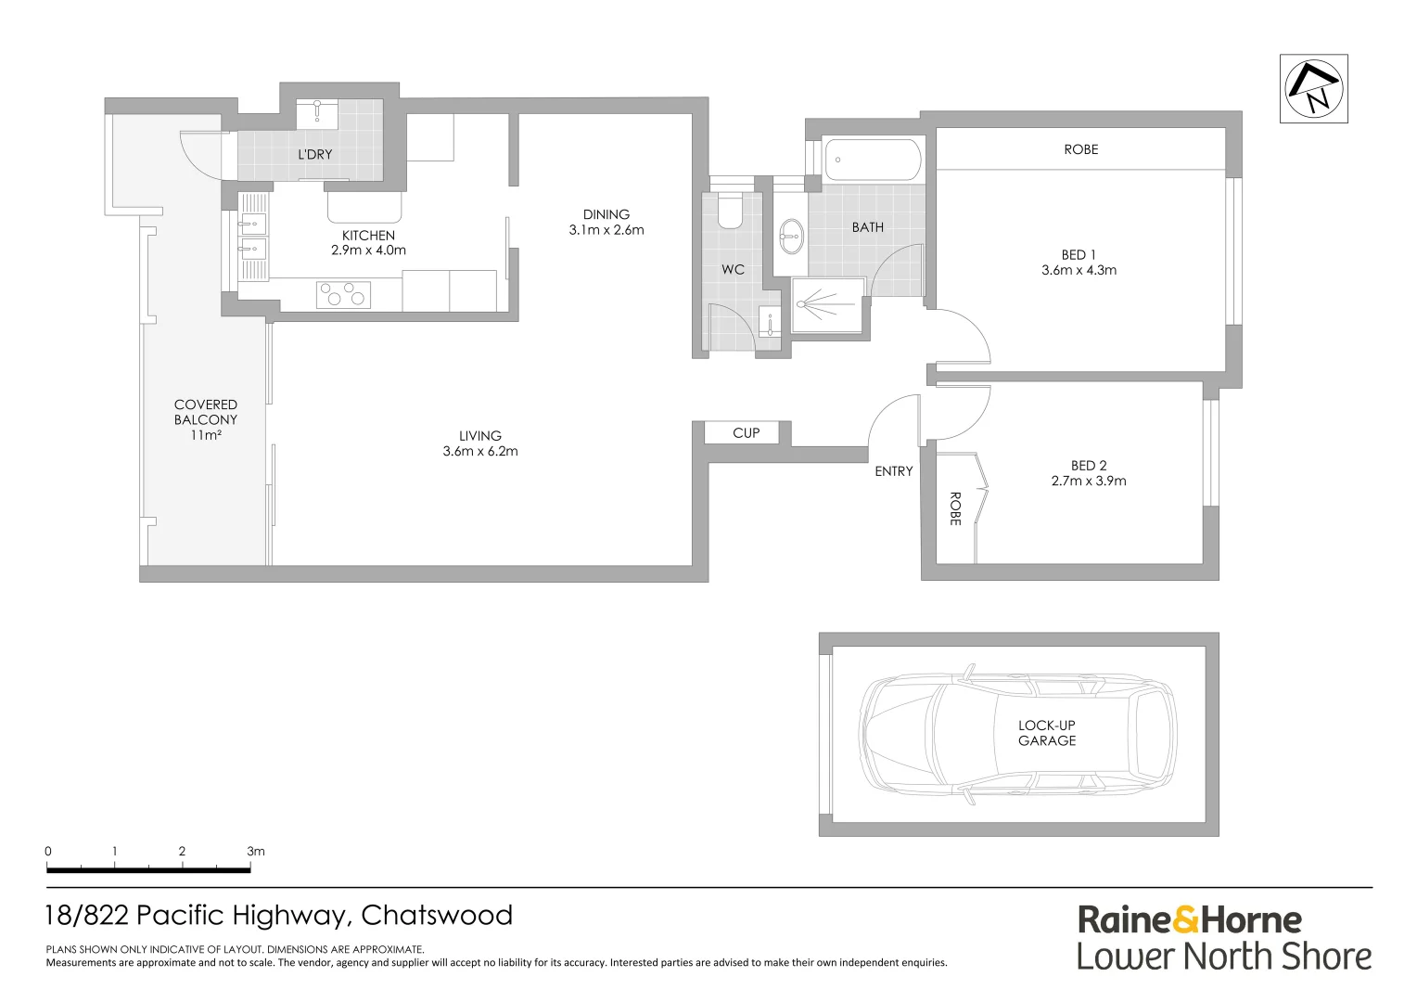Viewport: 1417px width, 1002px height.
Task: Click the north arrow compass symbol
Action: [x=1313, y=88]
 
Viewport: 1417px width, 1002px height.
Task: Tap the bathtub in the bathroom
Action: [x=872, y=160]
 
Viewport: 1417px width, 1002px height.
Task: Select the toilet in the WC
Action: [x=730, y=211]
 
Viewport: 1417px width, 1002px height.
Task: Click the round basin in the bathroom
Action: [x=791, y=236]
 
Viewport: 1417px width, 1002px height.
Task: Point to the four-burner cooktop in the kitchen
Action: [x=342, y=295]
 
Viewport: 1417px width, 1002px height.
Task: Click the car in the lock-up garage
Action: [x=1018, y=734]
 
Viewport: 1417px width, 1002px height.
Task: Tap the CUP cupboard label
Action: [x=746, y=432]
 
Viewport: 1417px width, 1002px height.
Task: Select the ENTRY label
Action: [x=893, y=471]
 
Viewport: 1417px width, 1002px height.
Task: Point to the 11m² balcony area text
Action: [x=205, y=434]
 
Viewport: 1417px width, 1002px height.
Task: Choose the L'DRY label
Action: [x=314, y=154]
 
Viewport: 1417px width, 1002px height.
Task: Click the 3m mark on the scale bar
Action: [x=255, y=851]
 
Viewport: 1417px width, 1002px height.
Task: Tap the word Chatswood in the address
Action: [x=437, y=916]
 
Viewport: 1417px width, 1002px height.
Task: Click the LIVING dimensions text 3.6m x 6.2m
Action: [x=479, y=452]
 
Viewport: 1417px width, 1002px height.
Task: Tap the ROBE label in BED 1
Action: [x=1080, y=149]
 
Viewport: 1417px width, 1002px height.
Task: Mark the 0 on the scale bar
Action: [x=48, y=851]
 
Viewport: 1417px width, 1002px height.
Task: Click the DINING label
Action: [x=606, y=214]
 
